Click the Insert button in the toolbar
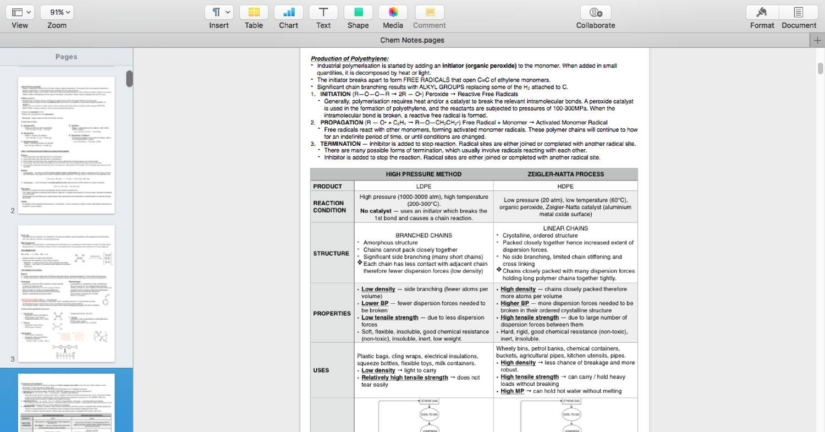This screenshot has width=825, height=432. pos(219,13)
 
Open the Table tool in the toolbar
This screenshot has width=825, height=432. pos(254,13)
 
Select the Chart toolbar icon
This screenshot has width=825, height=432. pos(288,13)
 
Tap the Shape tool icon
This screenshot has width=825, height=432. pos(358,13)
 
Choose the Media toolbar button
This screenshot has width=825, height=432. pos(393,13)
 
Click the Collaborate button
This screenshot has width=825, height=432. pos(596,13)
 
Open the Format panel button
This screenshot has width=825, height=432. pos(762,13)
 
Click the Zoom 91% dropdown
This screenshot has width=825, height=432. pos(57,13)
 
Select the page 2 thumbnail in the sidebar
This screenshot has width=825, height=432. pos(67,145)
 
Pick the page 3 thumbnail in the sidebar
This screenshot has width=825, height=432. pos(67,293)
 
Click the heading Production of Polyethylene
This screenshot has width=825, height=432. pos(350,58)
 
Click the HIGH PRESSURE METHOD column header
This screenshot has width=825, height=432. pos(424,174)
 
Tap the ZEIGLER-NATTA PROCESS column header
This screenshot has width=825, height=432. pos(565,174)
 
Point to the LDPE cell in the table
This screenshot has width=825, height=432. pos(424,187)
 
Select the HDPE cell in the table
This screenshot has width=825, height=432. pos(565,187)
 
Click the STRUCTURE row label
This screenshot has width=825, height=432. pos(331,254)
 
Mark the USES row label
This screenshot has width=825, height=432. pos(321,370)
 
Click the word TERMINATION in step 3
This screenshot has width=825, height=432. pos(340,144)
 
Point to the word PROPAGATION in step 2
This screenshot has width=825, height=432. pos(342,123)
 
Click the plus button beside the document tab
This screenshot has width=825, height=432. pos(817,40)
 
